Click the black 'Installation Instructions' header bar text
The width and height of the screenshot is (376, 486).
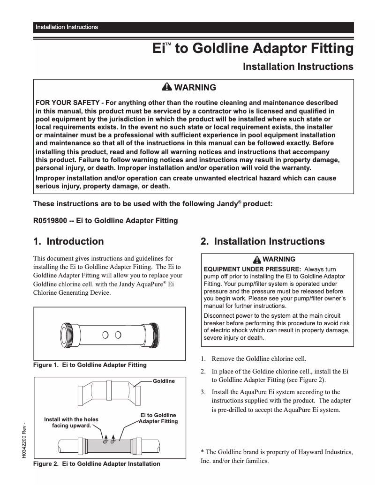[x=67, y=27]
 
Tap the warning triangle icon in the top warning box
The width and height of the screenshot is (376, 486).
[x=166, y=88]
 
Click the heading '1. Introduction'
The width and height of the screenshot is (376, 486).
[x=68, y=242]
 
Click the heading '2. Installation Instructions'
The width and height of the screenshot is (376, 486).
[x=263, y=242]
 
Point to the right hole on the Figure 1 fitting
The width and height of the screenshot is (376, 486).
[x=118, y=335]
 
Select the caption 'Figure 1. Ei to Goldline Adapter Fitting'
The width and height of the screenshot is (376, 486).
[x=90, y=365]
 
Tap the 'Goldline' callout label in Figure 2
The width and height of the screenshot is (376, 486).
[x=164, y=381]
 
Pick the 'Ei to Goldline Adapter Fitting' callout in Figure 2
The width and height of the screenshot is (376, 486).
[x=158, y=419]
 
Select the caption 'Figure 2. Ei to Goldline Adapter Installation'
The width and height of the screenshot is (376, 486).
[x=96, y=464]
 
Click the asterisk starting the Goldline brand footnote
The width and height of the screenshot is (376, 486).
[x=202, y=452]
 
